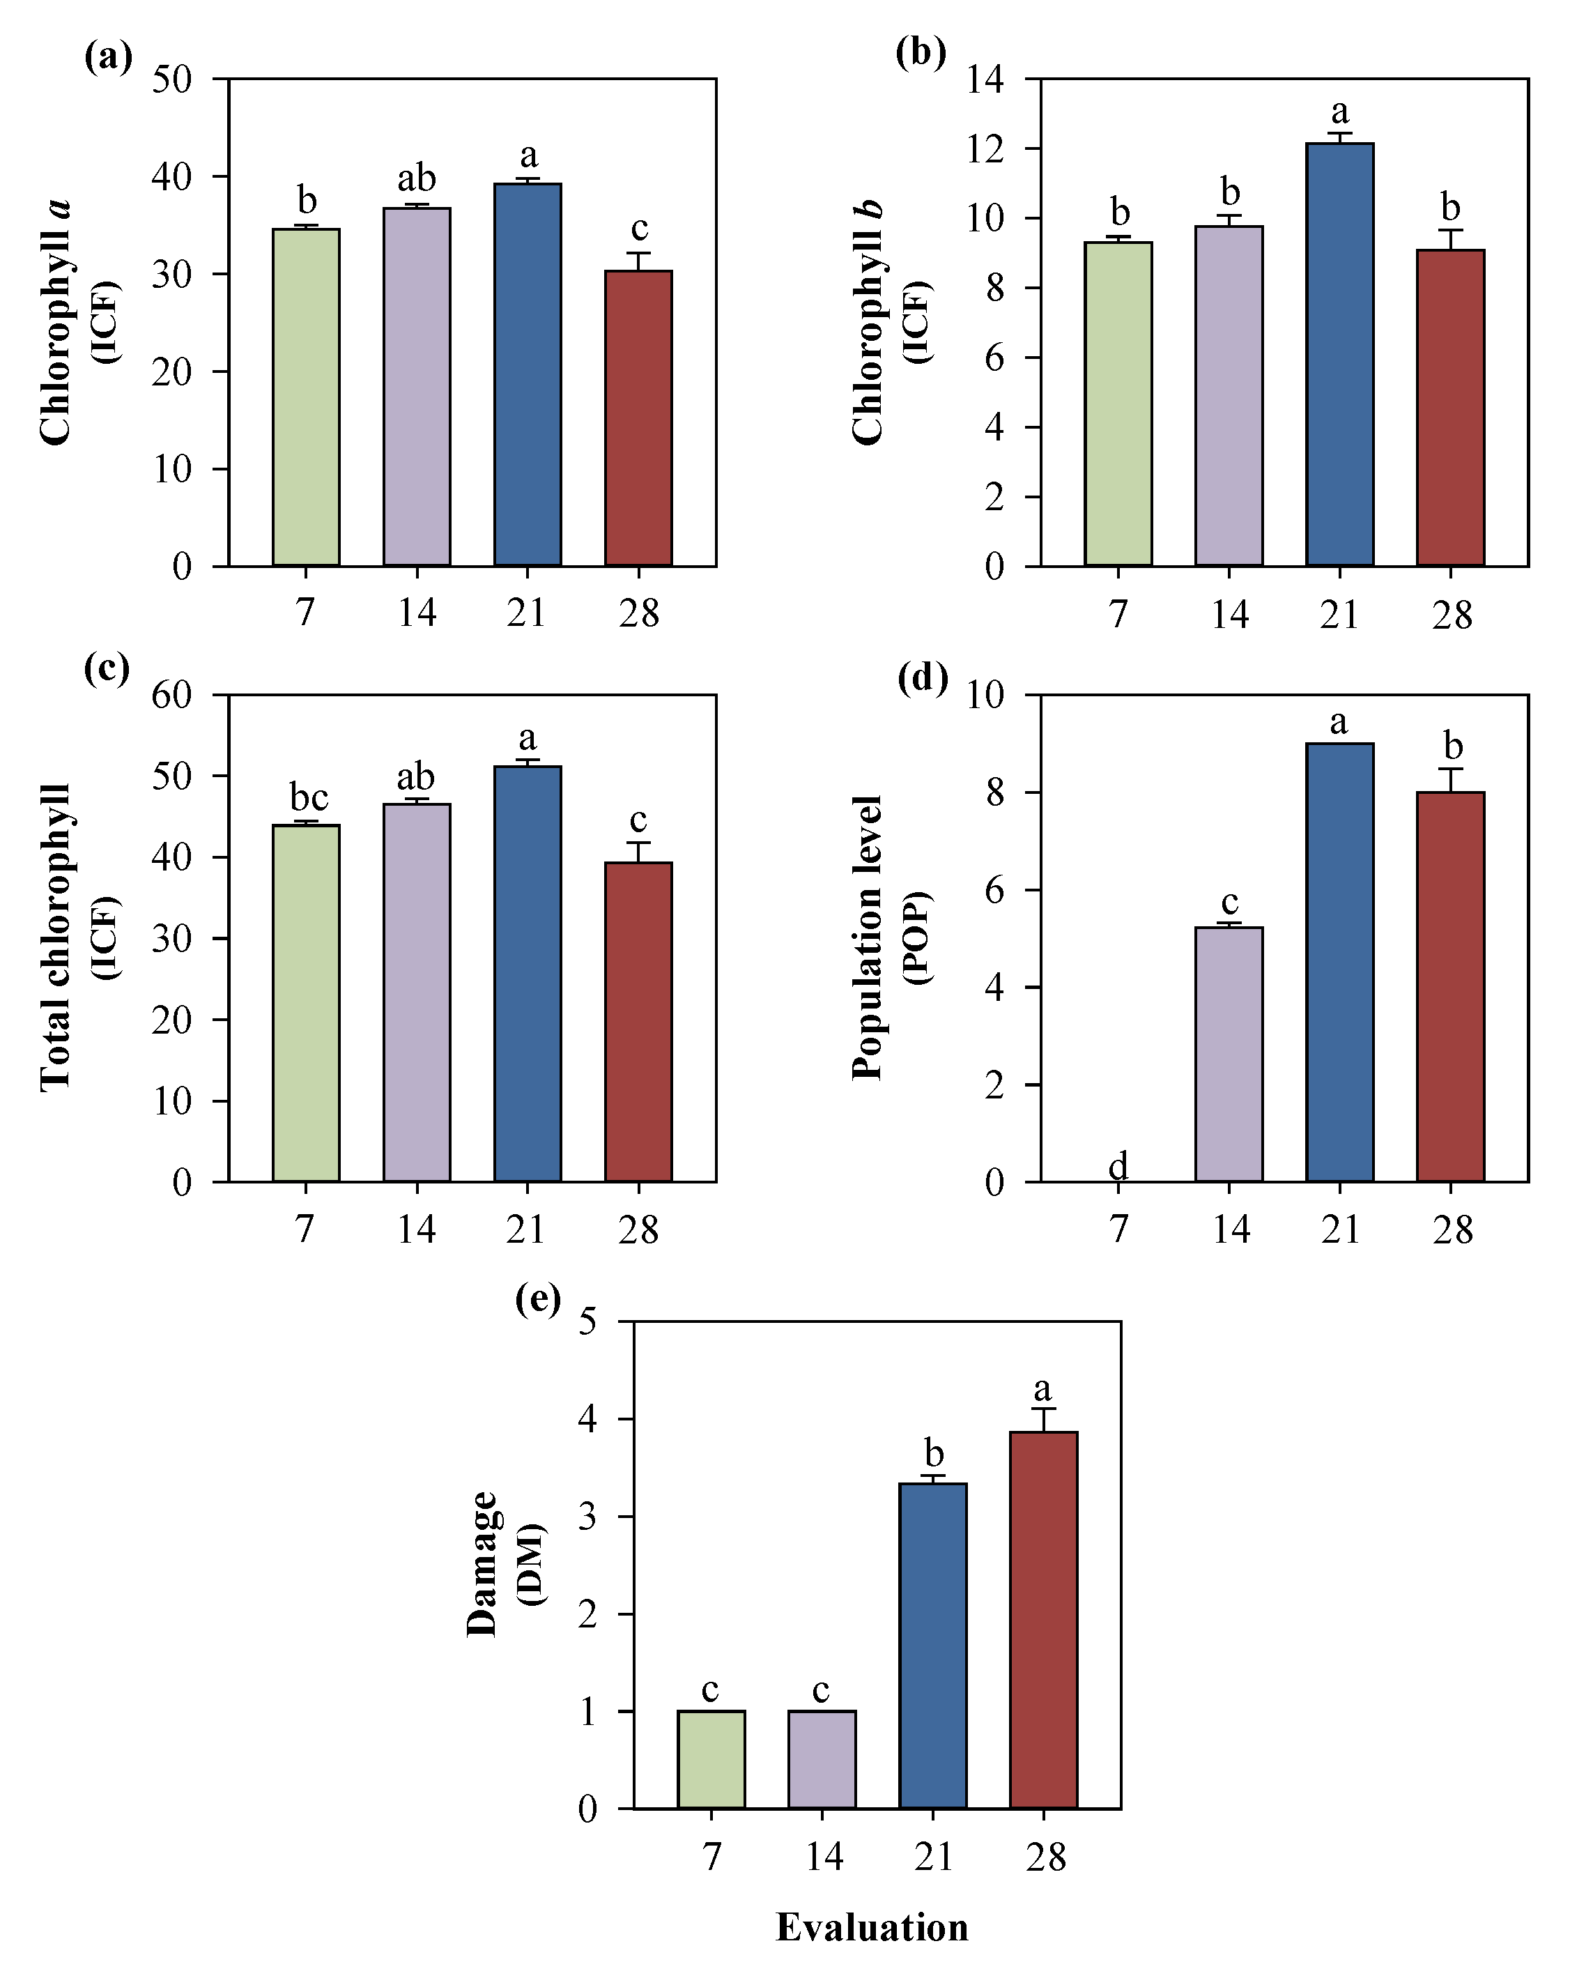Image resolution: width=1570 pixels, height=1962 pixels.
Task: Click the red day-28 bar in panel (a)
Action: click(638, 419)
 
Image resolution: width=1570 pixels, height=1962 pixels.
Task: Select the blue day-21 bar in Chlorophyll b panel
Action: click(1340, 355)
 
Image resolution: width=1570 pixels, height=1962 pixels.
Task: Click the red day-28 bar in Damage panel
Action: click(1043, 1620)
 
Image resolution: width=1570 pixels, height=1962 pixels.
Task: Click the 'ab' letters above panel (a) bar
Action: click(417, 178)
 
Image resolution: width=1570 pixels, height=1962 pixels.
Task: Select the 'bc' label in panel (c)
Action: click(309, 797)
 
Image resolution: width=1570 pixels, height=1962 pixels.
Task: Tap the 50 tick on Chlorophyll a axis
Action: click(172, 79)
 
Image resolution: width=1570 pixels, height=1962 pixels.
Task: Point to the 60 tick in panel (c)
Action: click(172, 696)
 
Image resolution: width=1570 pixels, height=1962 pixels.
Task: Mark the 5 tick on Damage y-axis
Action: click(587, 1321)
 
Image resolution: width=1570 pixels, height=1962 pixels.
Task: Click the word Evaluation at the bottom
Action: click(872, 1926)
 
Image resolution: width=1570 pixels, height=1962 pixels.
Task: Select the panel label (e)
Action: click(537, 1298)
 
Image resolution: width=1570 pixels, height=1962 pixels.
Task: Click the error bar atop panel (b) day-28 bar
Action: click(1451, 238)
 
